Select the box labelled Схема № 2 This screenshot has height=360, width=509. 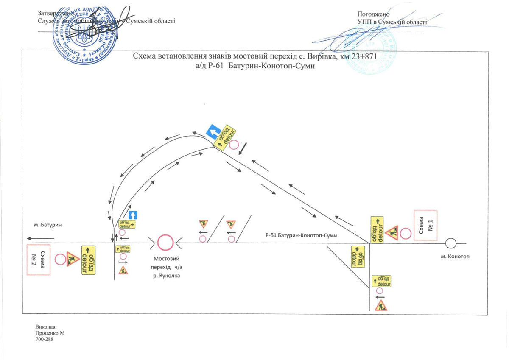(x=39, y=260)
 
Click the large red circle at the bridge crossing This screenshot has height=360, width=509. (x=165, y=243)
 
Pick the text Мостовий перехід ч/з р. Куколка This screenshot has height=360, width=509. (x=167, y=267)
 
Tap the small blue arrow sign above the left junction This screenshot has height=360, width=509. (x=134, y=215)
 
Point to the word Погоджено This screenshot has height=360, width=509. (x=374, y=14)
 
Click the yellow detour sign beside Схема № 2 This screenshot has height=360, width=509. (x=88, y=259)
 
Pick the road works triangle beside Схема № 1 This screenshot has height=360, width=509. (x=392, y=232)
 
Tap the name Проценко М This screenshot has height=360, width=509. (x=50, y=334)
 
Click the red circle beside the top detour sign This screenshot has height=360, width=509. (x=234, y=145)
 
